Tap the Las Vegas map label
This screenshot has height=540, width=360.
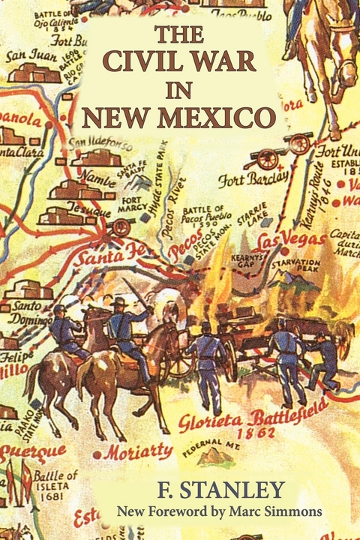(x=292, y=241)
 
